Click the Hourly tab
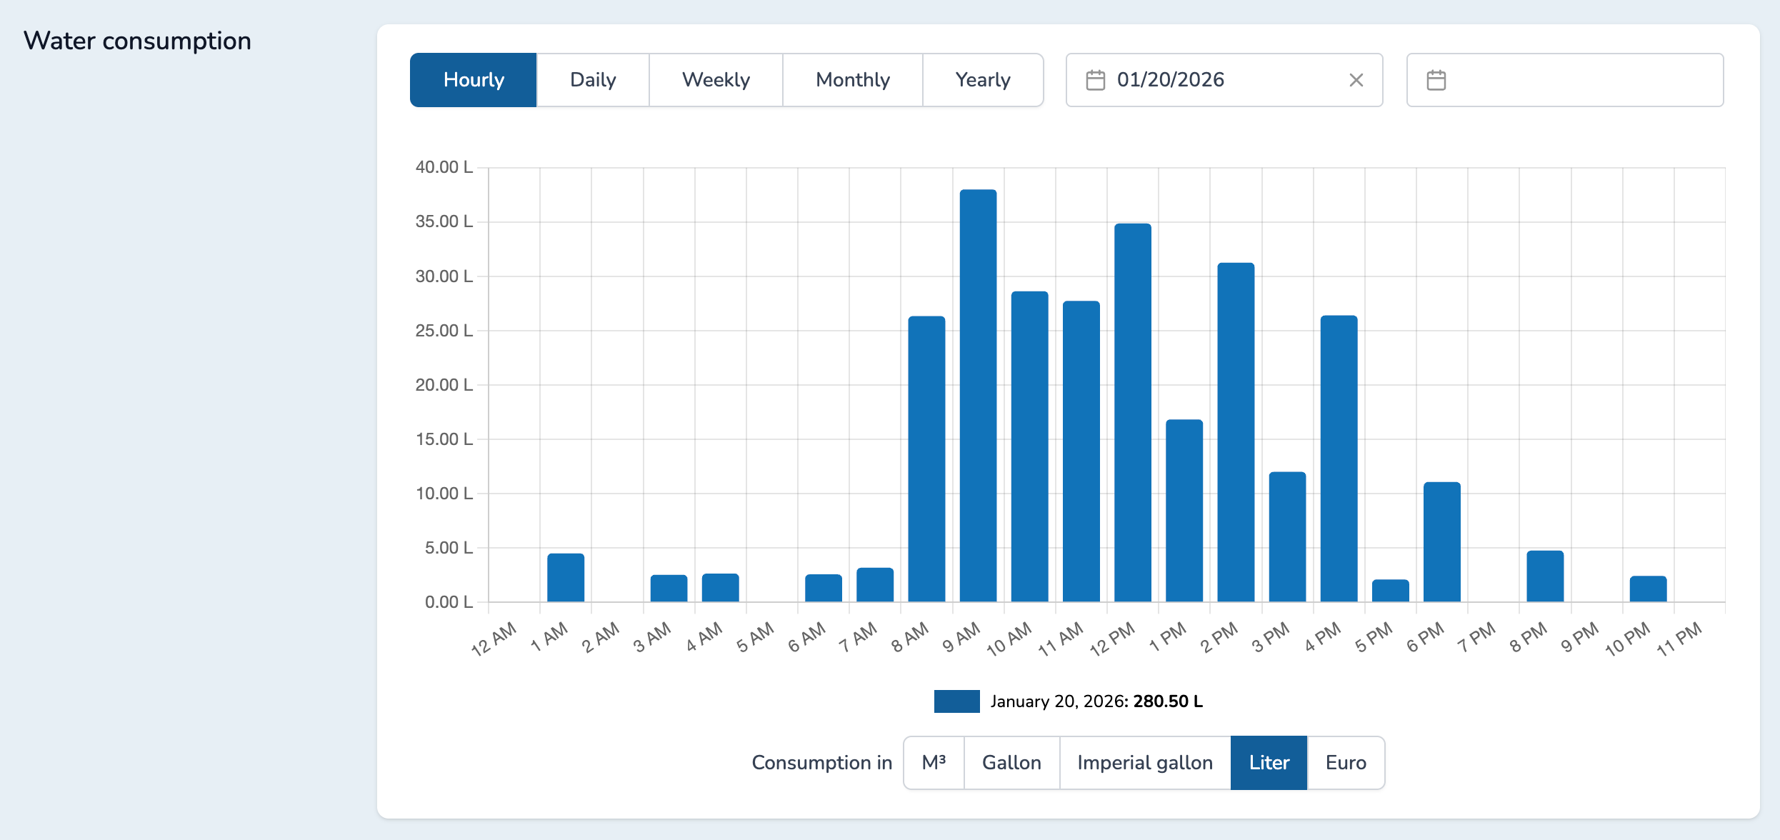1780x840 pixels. pos(473,80)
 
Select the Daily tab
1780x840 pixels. pos(593,80)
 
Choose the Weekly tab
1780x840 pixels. pos(716,80)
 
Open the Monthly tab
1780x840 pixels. pos(852,80)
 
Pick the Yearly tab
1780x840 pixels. pos(982,80)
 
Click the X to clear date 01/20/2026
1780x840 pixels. pos(1356,80)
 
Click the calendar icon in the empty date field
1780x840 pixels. pos(1436,80)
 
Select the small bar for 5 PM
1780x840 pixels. pos(1390,591)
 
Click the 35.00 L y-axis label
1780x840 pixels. pos(444,221)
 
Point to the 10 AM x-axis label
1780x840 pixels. pos(1009,639)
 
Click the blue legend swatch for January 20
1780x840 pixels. pos(956,701)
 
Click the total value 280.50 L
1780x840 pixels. pos(1167,701)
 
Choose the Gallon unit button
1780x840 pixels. pos(1011,763)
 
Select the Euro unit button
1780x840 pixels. pos(1345,763)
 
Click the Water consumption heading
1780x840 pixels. pos(137,41)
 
